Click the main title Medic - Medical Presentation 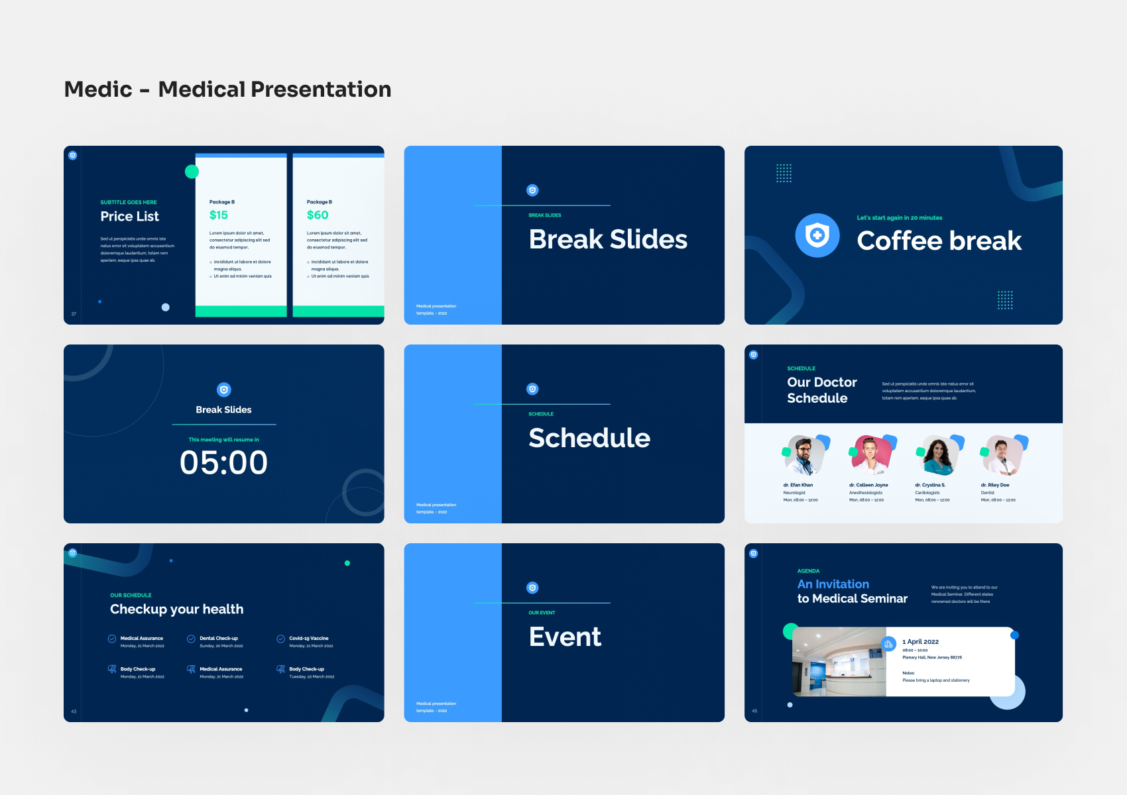pyautogui.click(x=227, y=89)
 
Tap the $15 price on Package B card pyautogui.click(x=219, y=215)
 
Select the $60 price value pyautogui.click(x=318, y=215)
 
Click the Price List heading pyautogui.click(x=130, y=217)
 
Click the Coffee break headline pyautogui.click(x=939, y=241)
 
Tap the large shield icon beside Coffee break pyautogui.click(x=817, y=235)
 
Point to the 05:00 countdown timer pyautogui.click(x=223, y=462)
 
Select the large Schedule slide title pyautogui.click(x=589, y=438)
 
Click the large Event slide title pyautogui.click(x=565, y=637)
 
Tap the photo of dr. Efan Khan pyautogui.click(x=804, y=456)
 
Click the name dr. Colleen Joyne pyautogui.click(x=868, y=485)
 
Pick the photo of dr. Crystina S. pyautogui.click(x=937, y=456)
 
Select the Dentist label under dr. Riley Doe pyautogui.click(x=988, y=492)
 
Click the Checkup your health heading pyautogui.click(x=177, y=609)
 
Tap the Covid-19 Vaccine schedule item pyautogui.click(x=308, y=639)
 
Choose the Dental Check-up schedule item pyautogui.click(x=219, y=639)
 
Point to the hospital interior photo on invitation pyautogui.click(x=839, y=662)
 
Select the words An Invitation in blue pyautogui.click(x=833, y=584)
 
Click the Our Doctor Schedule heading pyautogui.click(x=821, y=390)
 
